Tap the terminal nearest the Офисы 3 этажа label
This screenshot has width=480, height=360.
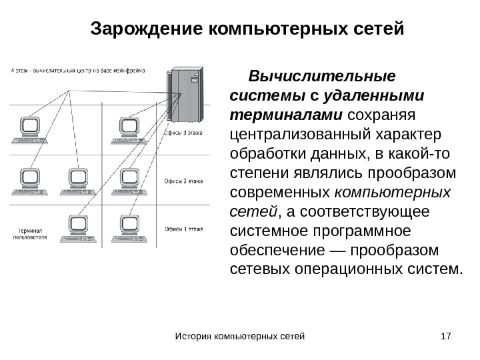click(128, 130)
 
